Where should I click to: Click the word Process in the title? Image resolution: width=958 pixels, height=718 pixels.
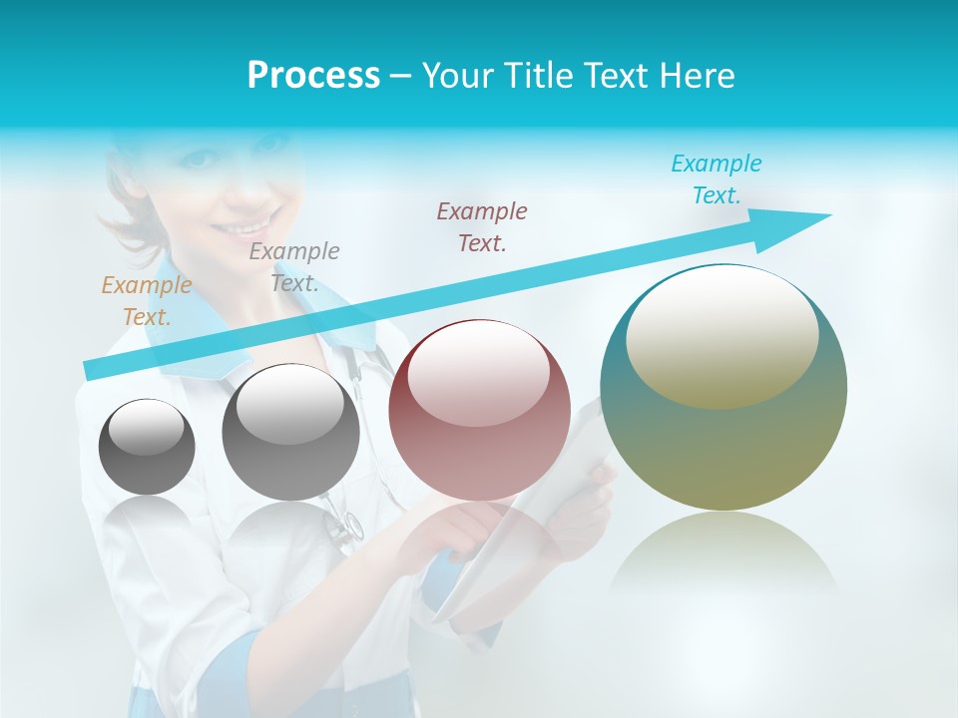point(313,76)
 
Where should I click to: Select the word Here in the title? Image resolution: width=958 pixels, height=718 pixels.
point(696,76)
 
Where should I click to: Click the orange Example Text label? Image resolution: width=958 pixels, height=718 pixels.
point(146,300)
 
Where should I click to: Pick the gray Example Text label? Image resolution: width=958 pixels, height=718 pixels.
point(294,266)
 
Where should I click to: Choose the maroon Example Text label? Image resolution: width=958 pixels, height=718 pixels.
point(482,226)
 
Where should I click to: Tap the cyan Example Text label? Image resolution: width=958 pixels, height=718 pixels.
point(716,179)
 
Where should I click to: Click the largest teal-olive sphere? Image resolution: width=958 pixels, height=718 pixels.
point(723,399)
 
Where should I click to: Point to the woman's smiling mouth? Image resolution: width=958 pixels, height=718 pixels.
point(254,218)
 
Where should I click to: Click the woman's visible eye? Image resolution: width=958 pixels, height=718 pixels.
point(199,159)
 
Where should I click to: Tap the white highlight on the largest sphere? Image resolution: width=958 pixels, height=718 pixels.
point(721,334)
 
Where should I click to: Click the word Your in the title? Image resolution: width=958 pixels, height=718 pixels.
point(454,76)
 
